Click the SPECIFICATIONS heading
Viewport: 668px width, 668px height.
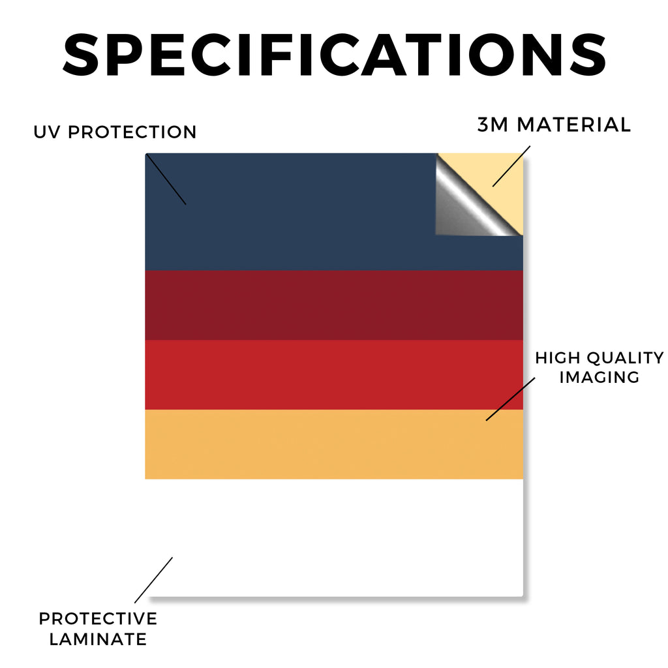[335, 55]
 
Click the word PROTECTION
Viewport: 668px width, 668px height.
[132, 132]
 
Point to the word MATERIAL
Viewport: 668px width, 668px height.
[573, 125]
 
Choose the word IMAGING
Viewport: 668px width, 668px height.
[600, 377]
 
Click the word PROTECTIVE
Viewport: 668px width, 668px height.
[98, 618]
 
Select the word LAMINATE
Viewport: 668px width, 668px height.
[98, 639]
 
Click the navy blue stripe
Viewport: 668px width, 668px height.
[290, 212]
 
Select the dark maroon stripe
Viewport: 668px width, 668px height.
[334, 305]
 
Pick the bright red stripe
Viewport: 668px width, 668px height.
[334, 375]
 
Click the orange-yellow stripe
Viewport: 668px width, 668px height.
[334, 444]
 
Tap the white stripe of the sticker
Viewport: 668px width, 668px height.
[334, 538]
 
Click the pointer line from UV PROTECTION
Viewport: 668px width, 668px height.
[166, 179]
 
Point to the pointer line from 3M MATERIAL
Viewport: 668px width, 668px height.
[511, 166]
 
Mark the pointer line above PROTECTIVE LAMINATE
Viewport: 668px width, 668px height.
[153, 580]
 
